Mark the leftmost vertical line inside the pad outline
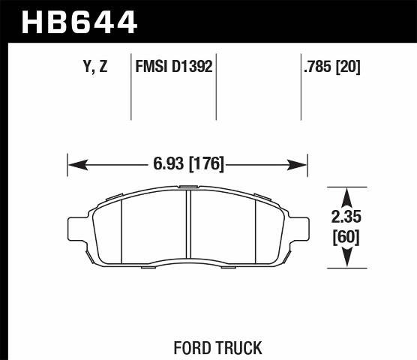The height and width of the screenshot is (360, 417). pos(121,229)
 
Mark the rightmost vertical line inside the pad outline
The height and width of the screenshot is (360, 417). pos(256,229)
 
